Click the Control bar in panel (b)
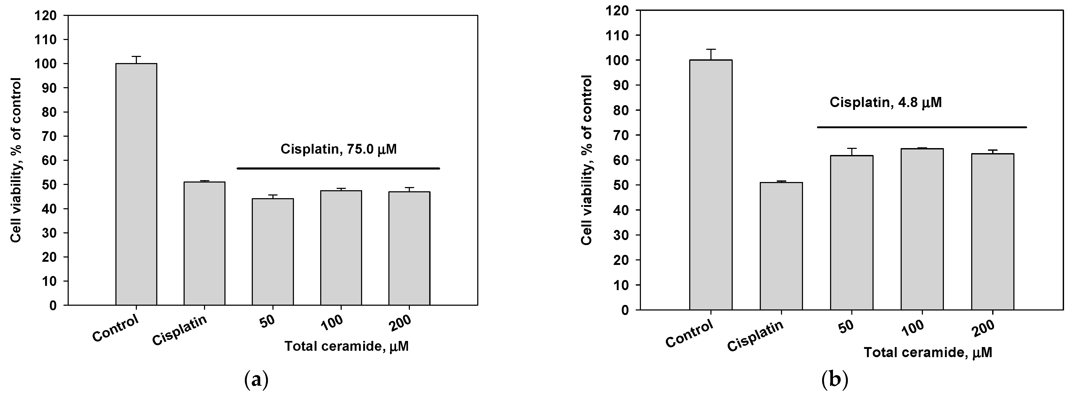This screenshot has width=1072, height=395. click(x=711, y=185)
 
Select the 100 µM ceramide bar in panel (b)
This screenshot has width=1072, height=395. click(x=922, y=229)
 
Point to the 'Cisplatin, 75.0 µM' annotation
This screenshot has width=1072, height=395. click(x=338, y=149)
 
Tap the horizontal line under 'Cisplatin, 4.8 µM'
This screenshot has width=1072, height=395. click(x=921, y=127)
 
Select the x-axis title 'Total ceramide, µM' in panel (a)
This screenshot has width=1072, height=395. click(x=346, y=346)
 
